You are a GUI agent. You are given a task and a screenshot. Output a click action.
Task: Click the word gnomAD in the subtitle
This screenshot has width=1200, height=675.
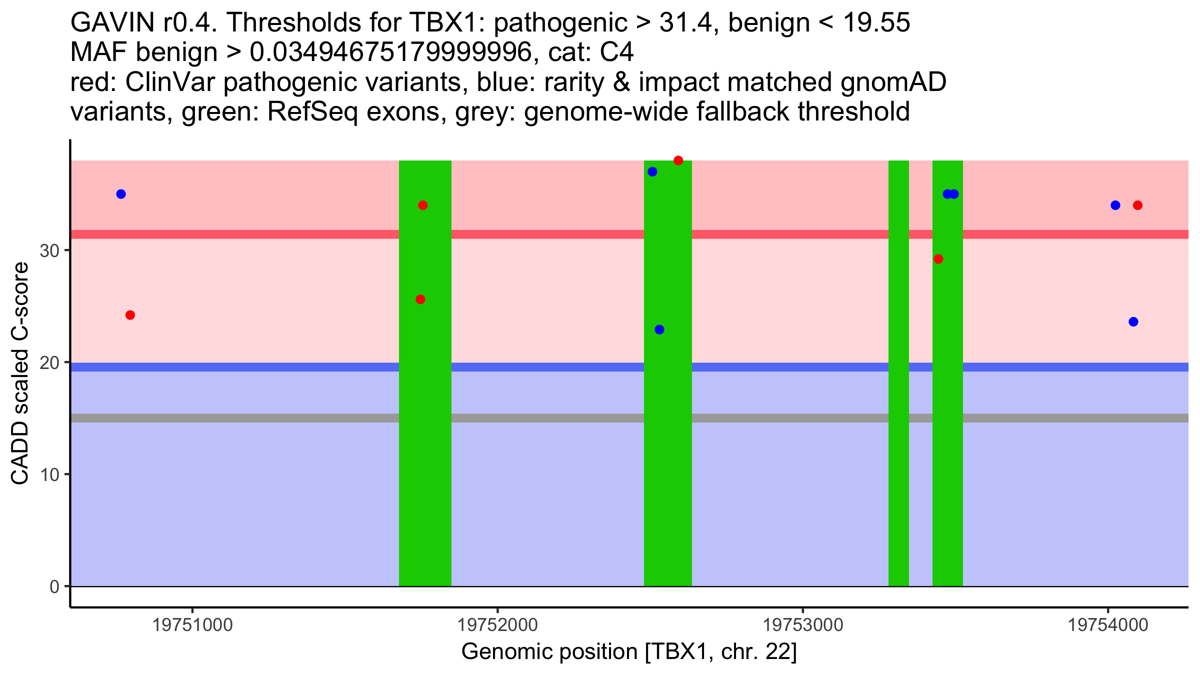pyautogui.click(x=893, y=82)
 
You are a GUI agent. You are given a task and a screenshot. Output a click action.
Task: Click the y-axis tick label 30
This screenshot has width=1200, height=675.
pyautogui.click(x=49, y=250)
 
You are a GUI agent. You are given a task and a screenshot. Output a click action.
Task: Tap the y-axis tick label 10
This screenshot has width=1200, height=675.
pyautogui.click(x=49, y=474)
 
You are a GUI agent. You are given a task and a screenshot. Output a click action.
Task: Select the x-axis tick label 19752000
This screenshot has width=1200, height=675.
pyautogui.click(x=497, y=625)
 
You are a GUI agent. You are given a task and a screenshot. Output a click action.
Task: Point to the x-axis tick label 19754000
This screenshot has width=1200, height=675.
pyautogui.click(x=1108, y=625)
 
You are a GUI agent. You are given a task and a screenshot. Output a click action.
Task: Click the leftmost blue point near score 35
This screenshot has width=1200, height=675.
pyautogui.click(x=121, y=194)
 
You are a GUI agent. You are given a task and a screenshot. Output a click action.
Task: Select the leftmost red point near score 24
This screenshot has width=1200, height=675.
pyautogui.click(x=130, y=315)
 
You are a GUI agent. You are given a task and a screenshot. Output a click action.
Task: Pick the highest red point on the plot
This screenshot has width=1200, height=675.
pyautogui.click(x=678, y=160)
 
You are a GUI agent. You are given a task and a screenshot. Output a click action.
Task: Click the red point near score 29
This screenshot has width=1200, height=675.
pyautogui.click(x=938, y=259)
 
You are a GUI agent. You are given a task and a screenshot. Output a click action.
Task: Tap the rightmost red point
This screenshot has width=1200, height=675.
pyautogui.click(x=1137, y=205)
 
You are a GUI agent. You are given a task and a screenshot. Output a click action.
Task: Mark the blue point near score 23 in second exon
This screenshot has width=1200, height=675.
pyautogui.click(x=659, y=329)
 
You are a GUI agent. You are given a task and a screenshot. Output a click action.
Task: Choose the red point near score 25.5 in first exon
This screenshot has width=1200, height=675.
pyautogui.click(x=420, y=299)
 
